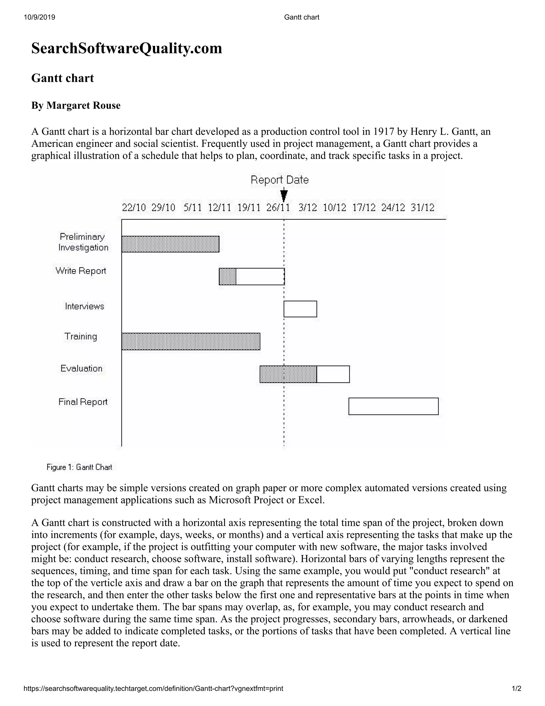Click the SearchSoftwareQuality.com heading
(x=127, y=48)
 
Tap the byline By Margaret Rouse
(x=76, y=106)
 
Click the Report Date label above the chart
(x=280, y=180)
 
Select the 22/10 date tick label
(x=134, y=208)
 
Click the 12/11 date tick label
(x=220, y=208)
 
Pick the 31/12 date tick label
(x=423, y=208)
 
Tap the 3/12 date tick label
(x=307, y=208)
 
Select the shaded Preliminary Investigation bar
(x=171, y=244)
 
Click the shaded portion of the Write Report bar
(x=227, y=276)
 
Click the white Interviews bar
(x=300, y=309)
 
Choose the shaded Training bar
(x=191, y=341)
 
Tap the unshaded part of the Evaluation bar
(x=333, y=374)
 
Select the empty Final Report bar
(x=393, y=406)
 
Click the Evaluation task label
(x=81, y=368)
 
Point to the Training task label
(x=81, y=336)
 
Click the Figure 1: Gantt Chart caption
(x=79, y=467)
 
